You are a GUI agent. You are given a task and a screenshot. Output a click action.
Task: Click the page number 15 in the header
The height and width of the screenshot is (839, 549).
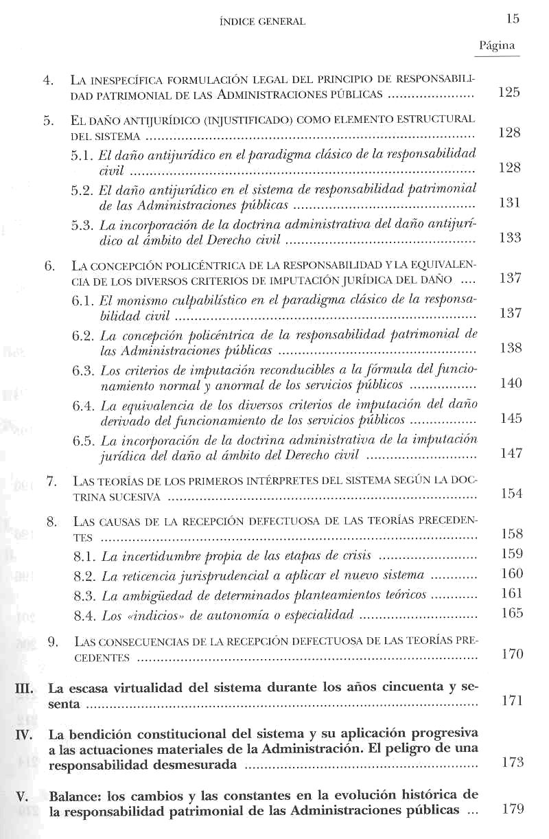coord(513,19)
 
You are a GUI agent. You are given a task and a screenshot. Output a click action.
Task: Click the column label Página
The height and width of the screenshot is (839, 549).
coord(498,46)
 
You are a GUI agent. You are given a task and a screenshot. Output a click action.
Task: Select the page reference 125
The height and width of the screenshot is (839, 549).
coord(509,93)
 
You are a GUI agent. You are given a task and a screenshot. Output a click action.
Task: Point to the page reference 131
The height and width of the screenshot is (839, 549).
coord(511,203)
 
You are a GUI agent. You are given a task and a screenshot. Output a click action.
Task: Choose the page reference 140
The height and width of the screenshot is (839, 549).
coord(511,383)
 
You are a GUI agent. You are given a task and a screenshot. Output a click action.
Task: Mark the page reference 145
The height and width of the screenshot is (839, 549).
coord(511,419)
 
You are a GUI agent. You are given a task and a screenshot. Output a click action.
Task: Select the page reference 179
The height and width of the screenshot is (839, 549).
coord(512,809)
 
